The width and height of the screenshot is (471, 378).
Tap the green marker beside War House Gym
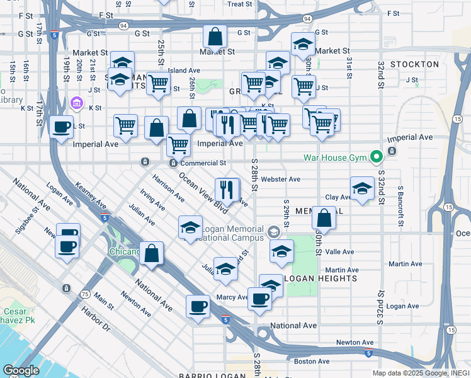[x=377, y=156]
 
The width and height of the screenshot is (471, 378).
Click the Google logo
[x=21, y=370]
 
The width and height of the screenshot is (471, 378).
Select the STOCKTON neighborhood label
[x=414, y=64]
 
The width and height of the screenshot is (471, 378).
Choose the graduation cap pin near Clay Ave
[x=361, y=189]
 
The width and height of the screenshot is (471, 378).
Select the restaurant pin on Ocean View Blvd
[x=226, y=189]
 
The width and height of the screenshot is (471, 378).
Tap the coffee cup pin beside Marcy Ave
[x=259, y=299]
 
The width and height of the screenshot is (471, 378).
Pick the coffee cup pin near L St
[x=61, y=127]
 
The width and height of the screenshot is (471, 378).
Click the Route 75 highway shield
[x=85, y=294]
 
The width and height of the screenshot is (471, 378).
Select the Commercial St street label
[x=202, y=163]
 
